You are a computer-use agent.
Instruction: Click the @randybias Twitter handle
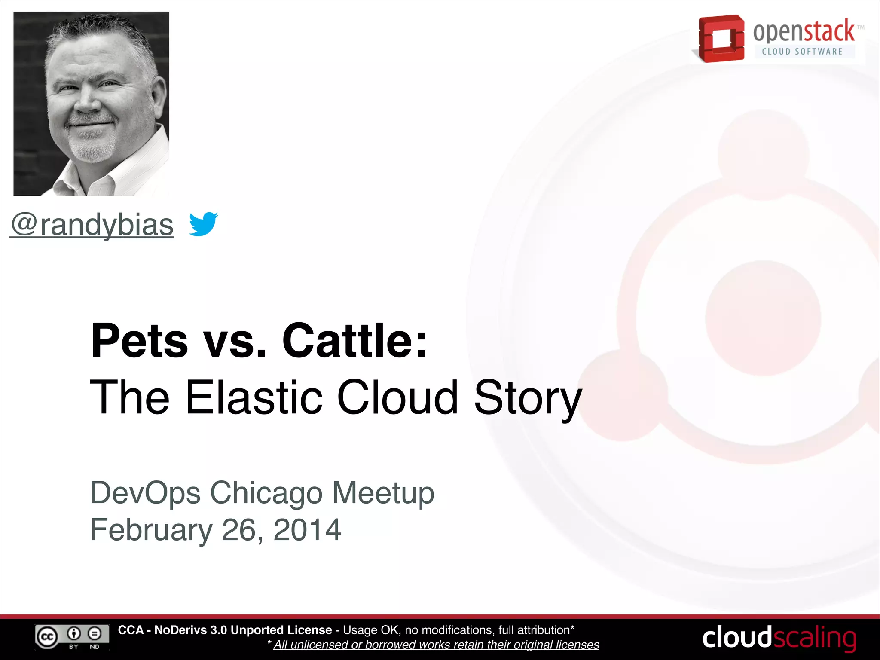coord(92,225)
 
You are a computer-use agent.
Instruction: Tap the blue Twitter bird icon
coord(203,223)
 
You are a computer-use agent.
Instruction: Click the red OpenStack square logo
coord(721,39)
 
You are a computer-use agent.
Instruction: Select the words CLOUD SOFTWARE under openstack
coord(802,52)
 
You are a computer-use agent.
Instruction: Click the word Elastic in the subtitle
coord(254,397)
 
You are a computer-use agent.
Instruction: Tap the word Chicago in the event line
coord(266,493)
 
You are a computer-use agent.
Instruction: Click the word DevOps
coord(145,493)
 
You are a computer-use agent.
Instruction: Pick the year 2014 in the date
coord(307,530)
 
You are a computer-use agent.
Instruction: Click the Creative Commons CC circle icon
coord(47,637)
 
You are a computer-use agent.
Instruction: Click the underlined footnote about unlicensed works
coord(436,645)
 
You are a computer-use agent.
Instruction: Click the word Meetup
coord(383,493)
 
